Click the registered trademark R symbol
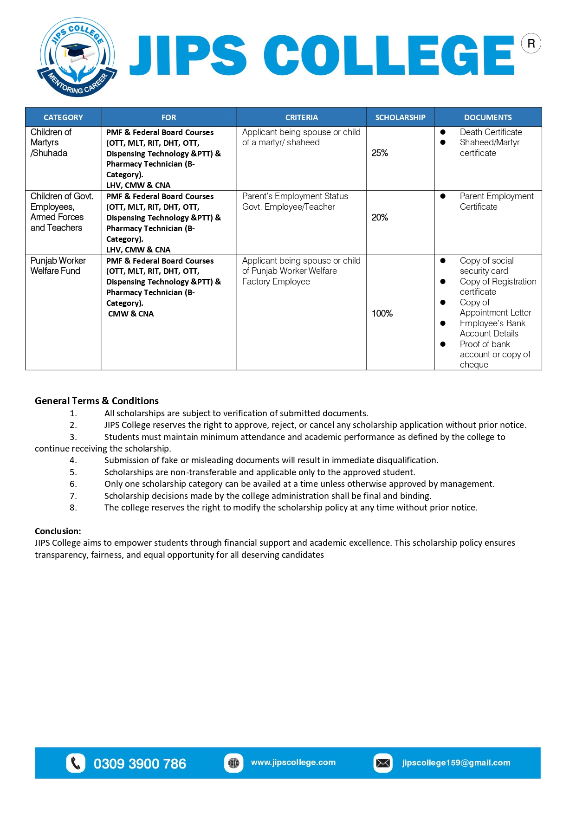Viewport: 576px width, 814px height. (x=531, y=44)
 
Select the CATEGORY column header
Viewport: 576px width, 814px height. (x=63, y=117)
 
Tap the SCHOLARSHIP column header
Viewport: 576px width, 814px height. (x=400, y=117)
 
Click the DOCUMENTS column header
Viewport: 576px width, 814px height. (x=488, y=117)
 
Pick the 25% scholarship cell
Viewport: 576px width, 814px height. (x=380, y=153)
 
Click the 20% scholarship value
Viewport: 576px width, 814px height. (x=380, y=218)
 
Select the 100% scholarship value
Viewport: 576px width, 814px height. (x=382, y=314)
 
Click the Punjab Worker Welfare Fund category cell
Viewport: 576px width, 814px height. (x=58, y=266)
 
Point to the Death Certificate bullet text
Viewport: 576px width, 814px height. (x=491, y=132)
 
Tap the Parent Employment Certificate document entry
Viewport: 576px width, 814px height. (x=496, y=201)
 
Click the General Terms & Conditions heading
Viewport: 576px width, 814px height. (x=97, y=401)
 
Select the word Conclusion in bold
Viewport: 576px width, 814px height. (x=58, y=531)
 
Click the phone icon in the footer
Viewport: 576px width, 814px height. (x=76, y=763)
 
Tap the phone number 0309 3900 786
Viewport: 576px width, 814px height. (x=140, y=764)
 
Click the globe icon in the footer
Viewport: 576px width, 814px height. (x=233, y=763)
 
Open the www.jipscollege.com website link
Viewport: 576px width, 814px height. (x=293, y=762)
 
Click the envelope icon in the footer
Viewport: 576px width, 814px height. (x=383, y=763)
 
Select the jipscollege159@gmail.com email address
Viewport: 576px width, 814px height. (x=456, y=763)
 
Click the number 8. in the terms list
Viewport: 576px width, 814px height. (x=73, y=508)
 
